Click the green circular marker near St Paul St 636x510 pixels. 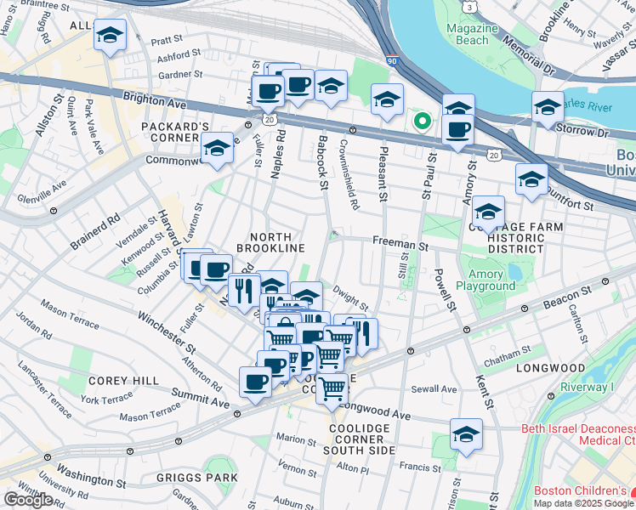pyautogui.click(x=420, y=121)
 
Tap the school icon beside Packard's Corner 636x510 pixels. pyautogui.click(x=217, y=150)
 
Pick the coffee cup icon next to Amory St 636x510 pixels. pyautogui.click(x=458, y=130)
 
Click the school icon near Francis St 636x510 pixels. pyautogui.click(x=466, y=434)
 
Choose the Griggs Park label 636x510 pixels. pyautogui.click(x=197, y=478)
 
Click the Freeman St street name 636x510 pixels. pyautogui.click(x=399, y=244)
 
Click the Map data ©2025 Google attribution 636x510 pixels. pyautogui.click(x=583, y=503)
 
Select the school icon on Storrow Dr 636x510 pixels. pyautogui.click(x=548, y=107)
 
